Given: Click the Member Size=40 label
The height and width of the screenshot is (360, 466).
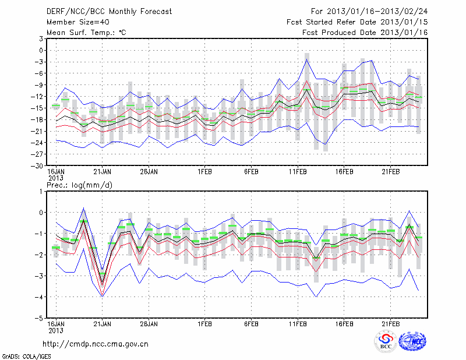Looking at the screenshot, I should [73, 22].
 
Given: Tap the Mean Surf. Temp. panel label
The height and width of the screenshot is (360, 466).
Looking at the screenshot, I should [86, 32].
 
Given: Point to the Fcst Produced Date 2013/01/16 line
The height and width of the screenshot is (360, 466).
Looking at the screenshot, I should [365, 32].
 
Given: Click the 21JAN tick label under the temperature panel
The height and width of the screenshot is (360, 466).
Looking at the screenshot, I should [103, 172].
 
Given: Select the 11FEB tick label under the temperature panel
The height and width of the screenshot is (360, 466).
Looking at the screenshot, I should [298, 172].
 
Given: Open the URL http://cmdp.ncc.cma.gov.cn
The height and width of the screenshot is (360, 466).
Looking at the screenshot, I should [95, 344].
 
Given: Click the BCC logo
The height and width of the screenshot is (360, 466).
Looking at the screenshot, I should [385, 341].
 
